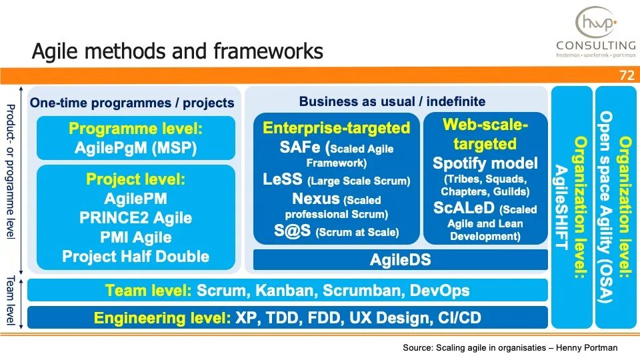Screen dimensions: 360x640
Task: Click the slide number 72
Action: [x=627, y=75]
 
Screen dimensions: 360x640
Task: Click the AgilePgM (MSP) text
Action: [x=135, y=147]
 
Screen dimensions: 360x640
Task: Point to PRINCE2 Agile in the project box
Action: [x=135, y=218]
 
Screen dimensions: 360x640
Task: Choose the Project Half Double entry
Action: [x=135, y=257]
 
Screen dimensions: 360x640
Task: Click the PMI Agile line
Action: [x=135, y=237]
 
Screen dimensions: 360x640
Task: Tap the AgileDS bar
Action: [x=400, y=261]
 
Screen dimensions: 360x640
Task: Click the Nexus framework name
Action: [x=315, y=199]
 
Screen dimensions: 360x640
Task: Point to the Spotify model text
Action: [x=485, y=163]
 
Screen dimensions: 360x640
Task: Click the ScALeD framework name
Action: [x=463, y=208]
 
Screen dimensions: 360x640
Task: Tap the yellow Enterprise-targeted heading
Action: [x=336, y=128]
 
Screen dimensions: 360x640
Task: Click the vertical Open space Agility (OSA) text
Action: [x=605, y=207]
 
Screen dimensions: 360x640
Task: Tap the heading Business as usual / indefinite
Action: [x=392, y=101]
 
